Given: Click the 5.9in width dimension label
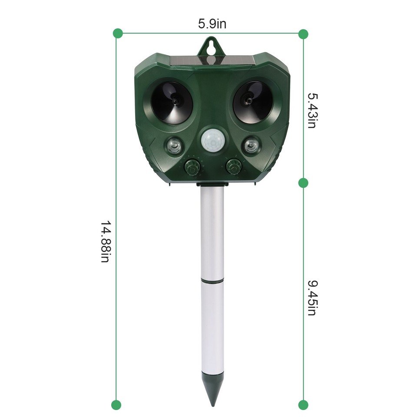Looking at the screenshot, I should (x=212, y=24).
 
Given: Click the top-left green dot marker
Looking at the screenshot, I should (x=117, y=33).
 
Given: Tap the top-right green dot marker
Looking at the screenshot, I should (x=303, y=33).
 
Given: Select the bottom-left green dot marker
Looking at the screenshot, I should (x=116, y=405).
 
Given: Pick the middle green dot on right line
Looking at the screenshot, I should (x=303, y=182).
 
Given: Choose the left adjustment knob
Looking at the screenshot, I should (x=192, y=166).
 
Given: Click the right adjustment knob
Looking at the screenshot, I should (x=234, y=166).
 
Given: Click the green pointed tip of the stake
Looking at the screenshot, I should (x=212, y=393).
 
